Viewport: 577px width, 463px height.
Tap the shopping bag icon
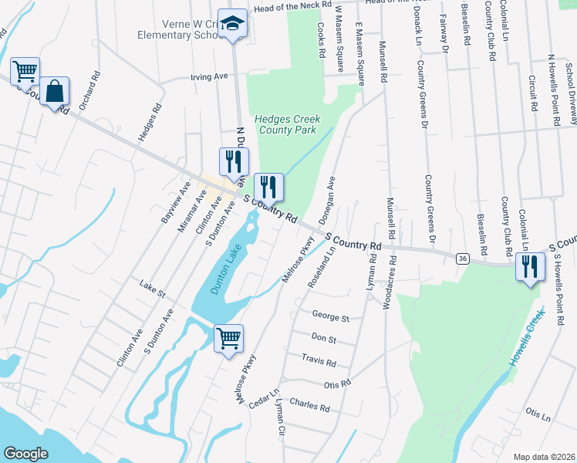[x=56, y=91]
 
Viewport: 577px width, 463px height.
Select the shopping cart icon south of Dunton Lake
[x=229, y=338]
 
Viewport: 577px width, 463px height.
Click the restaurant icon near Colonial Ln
[x=531, y=267]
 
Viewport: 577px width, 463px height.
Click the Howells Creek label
[x=531, y=339]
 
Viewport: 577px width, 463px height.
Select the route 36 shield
[x=461, y=257]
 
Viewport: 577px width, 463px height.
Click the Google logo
[x=25, y=454]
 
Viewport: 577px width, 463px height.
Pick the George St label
[x=330, y=316]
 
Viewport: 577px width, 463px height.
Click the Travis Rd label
[x=319, y=362]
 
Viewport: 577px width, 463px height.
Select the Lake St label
[x=152, y=289]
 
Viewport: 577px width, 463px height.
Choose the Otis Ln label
[x=538, y=416]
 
